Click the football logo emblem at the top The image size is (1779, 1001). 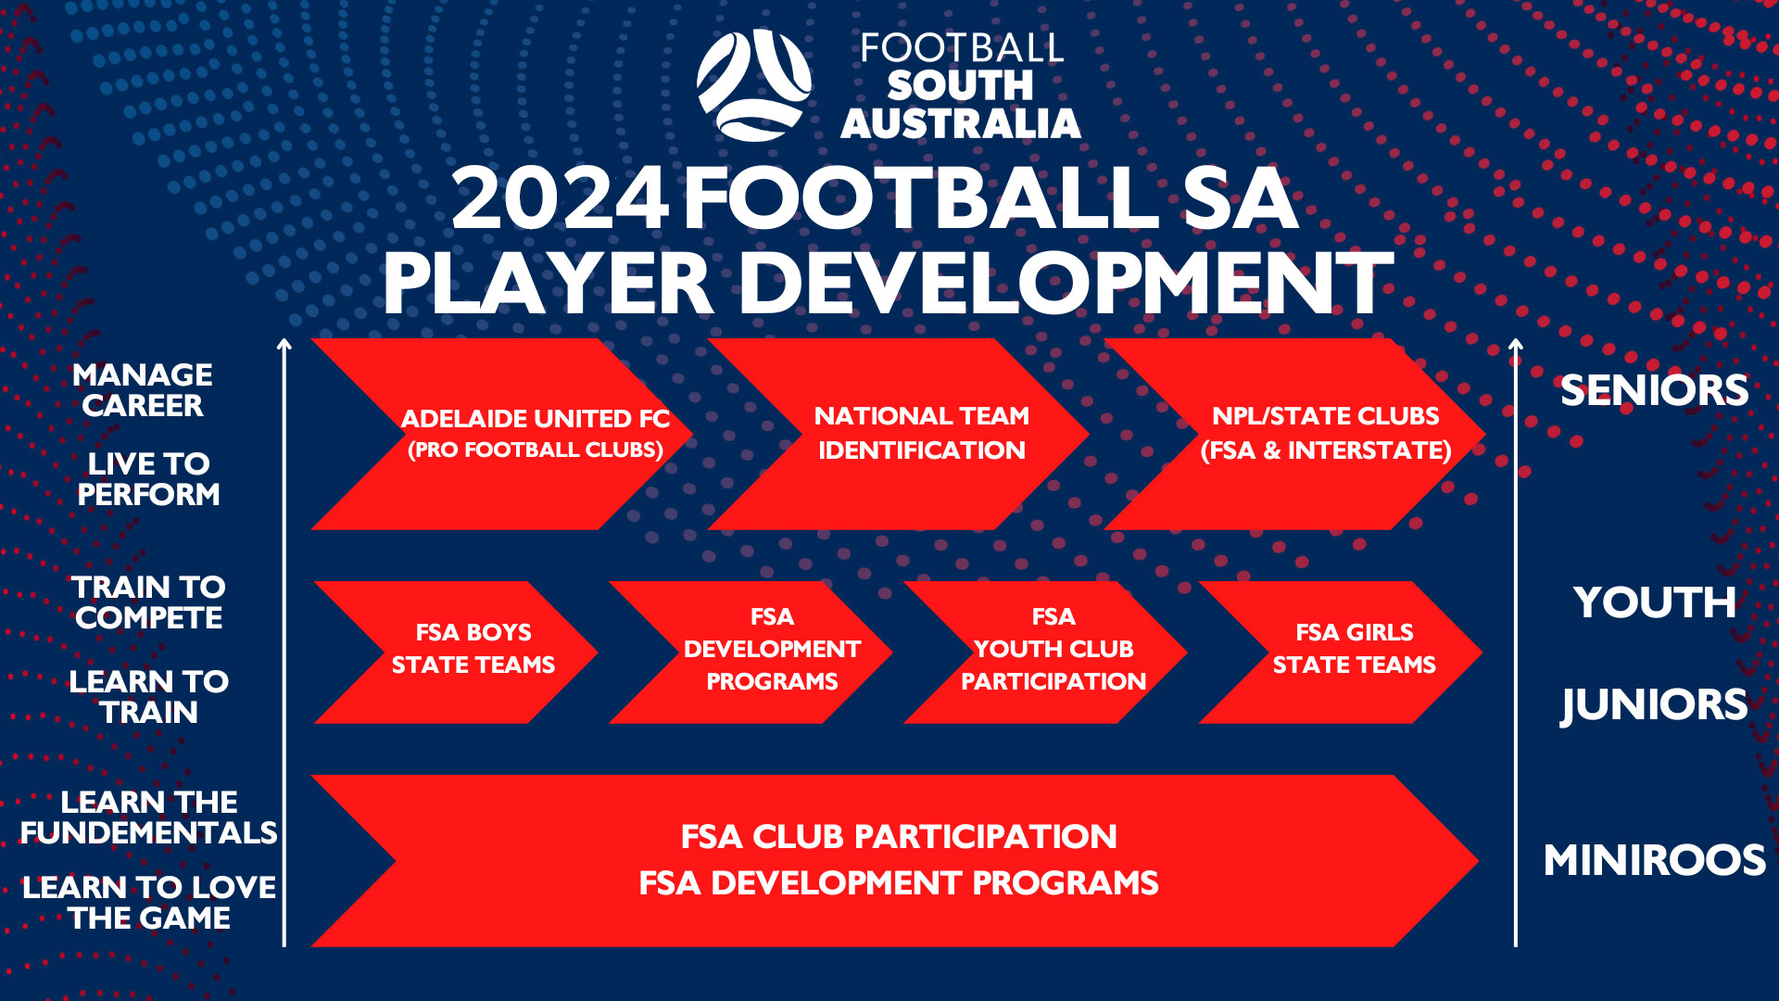[x=753, y=85]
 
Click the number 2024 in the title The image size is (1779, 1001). [x=560, y=199]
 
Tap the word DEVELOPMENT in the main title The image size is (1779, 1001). [x=1066, y=284]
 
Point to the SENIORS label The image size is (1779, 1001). [x=1654, y=391]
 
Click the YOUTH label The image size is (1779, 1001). [x=1654, y=603]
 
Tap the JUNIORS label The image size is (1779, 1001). [x=1654, y=705]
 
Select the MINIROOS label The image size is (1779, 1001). [x=1654, y=861]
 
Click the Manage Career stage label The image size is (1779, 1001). [x=143, y=390]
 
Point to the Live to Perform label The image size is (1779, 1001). [x=148, y=479]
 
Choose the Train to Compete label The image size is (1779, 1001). [x=148, y=602]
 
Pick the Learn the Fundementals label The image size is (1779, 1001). [x=148, y=817]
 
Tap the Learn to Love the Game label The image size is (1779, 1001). [x=148, y=903]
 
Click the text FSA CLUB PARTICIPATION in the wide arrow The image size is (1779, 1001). [x=899, y=837]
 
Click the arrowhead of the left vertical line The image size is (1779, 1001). [x=284, y=345]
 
